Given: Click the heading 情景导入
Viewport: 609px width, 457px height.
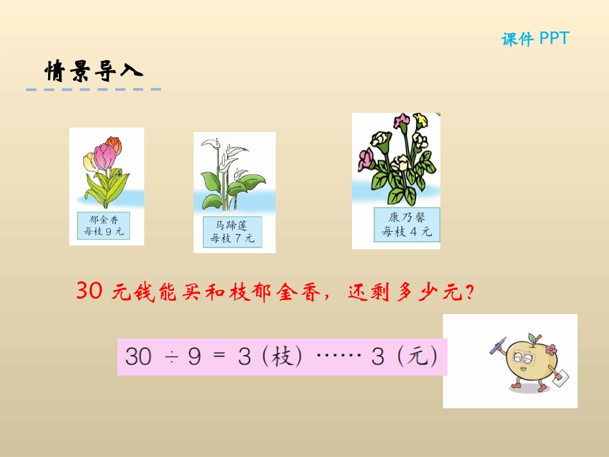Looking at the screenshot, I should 94,71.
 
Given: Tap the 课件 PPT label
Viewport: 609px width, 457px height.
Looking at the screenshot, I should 535,39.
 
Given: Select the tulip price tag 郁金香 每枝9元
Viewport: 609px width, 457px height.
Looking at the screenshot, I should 103,226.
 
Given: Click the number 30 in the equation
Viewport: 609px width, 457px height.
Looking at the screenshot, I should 138,356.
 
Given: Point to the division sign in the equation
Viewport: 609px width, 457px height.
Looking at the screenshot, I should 171,357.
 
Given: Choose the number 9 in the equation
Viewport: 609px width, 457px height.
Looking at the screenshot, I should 195,357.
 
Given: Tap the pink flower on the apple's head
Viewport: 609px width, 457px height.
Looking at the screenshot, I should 549,349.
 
